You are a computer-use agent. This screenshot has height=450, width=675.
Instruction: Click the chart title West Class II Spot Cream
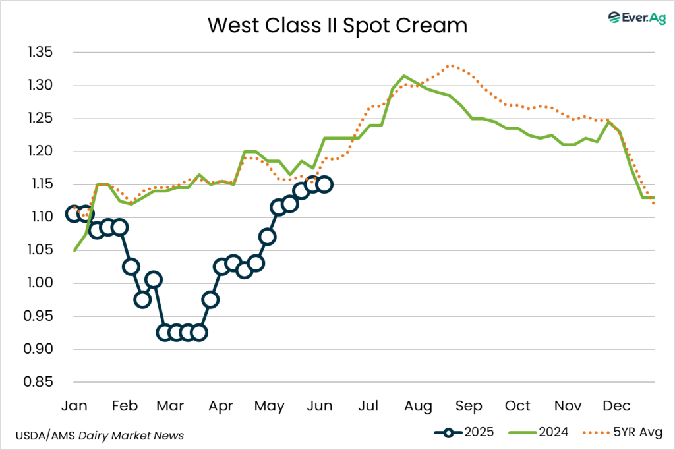tap(337, 26)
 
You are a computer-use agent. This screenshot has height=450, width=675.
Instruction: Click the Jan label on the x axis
tap(74, 405)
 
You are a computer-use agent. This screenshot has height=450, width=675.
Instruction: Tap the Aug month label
tap(418, 405)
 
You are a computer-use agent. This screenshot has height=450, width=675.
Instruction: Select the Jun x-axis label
tap(319, 405)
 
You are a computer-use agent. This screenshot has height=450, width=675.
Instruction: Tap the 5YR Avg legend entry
tap(620, 432)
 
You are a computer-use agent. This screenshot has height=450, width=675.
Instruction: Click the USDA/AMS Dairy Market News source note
tap(99, 436)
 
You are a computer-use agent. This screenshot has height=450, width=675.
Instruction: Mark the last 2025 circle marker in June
tap(324, 184)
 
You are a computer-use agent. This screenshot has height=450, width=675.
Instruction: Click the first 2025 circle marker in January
tap(74, 213)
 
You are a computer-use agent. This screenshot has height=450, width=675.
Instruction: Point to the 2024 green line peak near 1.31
tap(404, 76)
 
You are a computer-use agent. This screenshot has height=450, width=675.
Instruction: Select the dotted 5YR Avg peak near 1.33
tap(450, 65)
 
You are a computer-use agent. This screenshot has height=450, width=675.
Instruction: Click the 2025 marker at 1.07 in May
tap(267, 237)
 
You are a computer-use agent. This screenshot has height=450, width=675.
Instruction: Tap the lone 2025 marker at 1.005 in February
tap(154, 279)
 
